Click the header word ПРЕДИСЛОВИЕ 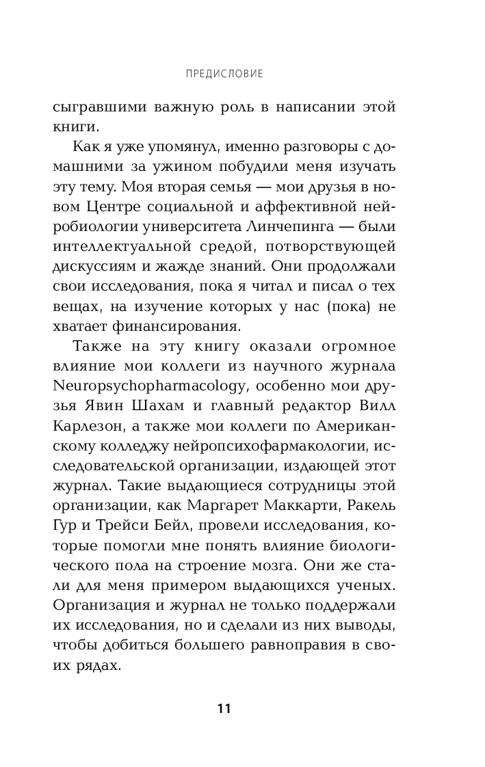pos(224,73)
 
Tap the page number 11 pos(224,708)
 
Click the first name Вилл pos(376,408)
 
